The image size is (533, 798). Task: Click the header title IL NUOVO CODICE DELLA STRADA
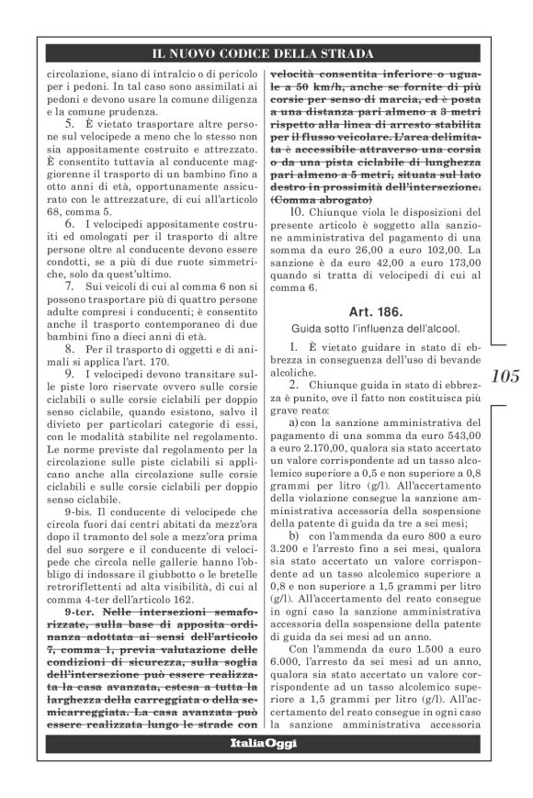266,51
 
